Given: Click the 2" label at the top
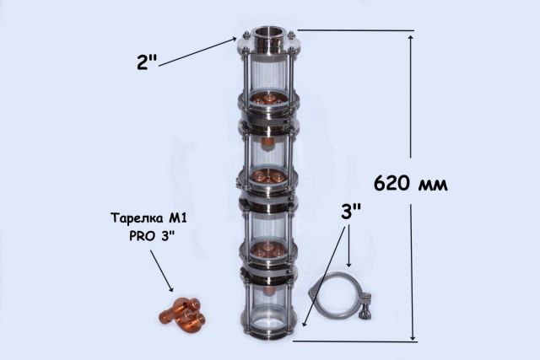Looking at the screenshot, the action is pyautogui.click(x=147, y=62).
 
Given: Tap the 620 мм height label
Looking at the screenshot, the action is pyautogui.click(x=411, y=183).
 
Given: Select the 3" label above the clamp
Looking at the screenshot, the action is pyautogui.click(x=351, y=212).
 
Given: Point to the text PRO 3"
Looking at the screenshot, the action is pyautogui.click(x=152, y=236).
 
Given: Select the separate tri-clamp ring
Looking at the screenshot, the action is pyautogui.click(x=340, y=294).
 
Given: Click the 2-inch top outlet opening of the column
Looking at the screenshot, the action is pyautogui.click(x=268, y=32).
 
